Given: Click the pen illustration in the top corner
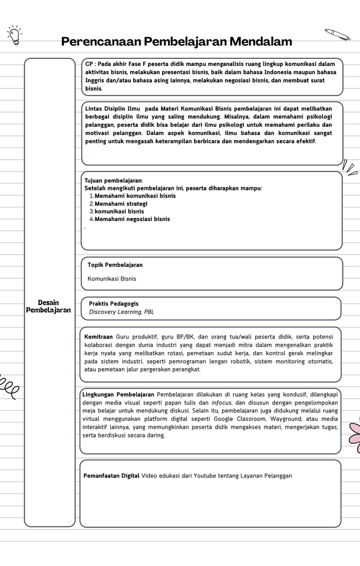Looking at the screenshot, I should point(337,34).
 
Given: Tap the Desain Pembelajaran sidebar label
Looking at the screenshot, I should point(48,306).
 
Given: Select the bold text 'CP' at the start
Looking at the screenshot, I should point(90,64).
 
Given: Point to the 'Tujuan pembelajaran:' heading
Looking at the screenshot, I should point(114,180).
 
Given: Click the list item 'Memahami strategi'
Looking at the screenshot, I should point(121,203).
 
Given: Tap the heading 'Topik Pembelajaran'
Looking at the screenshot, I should point(115,265).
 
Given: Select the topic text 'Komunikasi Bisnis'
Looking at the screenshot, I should point(112,278).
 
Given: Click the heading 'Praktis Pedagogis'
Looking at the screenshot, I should point(114,304).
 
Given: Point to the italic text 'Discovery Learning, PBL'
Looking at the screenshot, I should point(121,312).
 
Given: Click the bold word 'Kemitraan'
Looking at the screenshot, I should point(98,337).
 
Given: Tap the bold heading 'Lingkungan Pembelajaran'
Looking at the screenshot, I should point(118,394).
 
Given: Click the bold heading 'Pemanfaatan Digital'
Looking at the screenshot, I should point(111,476).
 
